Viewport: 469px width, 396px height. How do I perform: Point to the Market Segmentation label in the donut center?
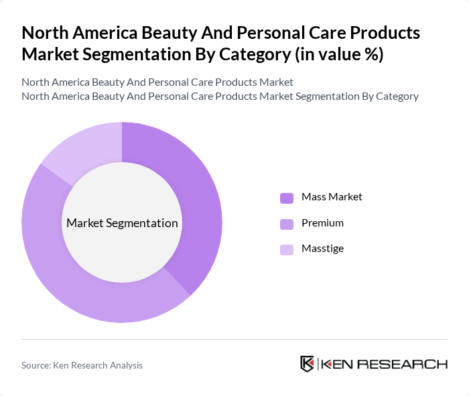[x=122, y=223]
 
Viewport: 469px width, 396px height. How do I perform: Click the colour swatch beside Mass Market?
[x=287, y=198]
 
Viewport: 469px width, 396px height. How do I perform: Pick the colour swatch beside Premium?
[x=287, y=224]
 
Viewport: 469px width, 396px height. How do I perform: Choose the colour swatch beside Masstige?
[x=287, y=250]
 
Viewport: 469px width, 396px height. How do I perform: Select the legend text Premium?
[x=322, y=223]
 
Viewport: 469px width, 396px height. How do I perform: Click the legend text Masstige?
[x=322, y=249]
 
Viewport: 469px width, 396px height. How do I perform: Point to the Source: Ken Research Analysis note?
[x=82, y=365]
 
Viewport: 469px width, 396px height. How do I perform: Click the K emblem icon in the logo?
[x=308, y=364]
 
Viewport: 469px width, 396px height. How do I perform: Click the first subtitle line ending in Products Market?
[x=157, y=82]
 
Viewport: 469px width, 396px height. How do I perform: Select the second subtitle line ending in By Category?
[x=220, y=96]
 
